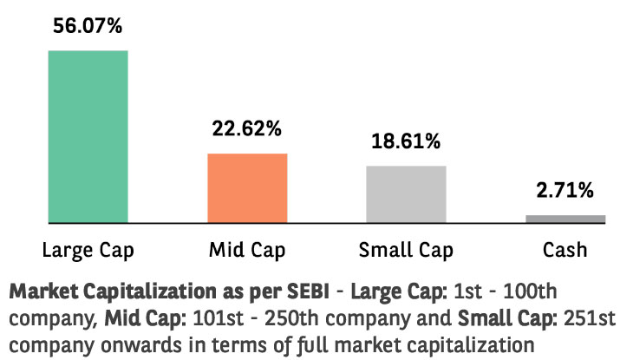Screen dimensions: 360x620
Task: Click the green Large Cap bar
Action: point(88,136)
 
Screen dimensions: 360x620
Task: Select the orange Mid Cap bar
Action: point(247,188)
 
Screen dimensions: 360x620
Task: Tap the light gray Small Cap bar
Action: point(406,194)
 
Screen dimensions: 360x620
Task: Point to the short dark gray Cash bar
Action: point(565,219)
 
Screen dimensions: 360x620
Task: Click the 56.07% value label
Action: point(88,26)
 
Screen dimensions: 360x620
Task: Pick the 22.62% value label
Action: point(247,129)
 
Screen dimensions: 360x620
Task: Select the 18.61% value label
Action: point(406,141)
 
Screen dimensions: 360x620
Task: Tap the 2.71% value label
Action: point(565,189)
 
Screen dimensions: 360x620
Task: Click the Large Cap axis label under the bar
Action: point(88,252)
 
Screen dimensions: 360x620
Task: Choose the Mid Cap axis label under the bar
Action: point(247,252)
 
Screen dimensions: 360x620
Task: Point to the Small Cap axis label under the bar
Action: point(406,252)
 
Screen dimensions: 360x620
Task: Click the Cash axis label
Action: point(565,252)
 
